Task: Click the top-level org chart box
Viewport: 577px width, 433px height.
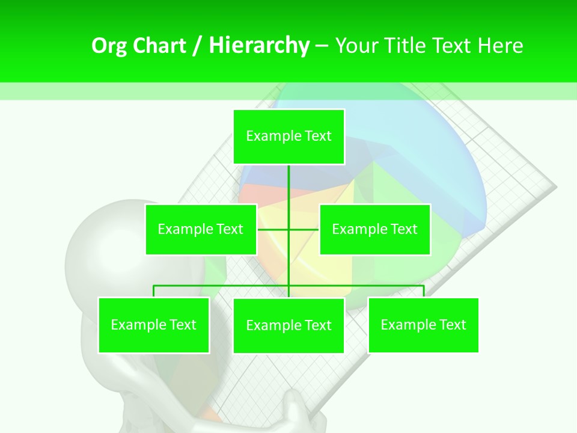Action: coord(288,137)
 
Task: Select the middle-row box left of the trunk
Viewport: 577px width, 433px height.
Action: coord(201,229)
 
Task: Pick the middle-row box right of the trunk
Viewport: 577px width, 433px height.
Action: coord(374,229)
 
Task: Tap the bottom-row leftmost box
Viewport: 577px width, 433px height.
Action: coord(153,325)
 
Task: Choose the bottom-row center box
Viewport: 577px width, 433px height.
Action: coord(288,325)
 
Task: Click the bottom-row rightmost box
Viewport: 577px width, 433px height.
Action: coord(423,325)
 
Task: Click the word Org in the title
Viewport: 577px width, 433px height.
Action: coord(108,46)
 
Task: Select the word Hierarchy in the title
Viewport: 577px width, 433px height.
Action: coord(259,46)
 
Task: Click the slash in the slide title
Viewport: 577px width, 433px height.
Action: coord(197,46)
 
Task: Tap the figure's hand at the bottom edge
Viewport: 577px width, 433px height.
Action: coord(301,412)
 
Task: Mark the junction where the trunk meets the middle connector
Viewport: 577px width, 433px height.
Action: coord(288,229)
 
